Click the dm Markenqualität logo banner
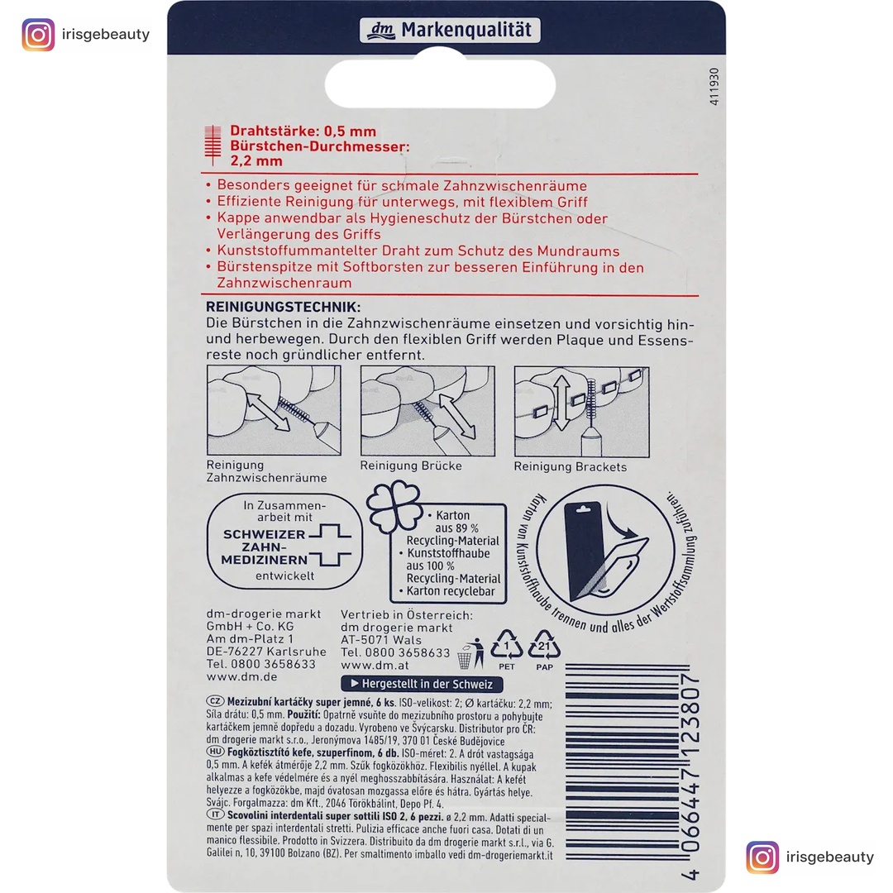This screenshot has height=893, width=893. click(450, 31)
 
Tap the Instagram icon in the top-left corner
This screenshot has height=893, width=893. click(38, 35)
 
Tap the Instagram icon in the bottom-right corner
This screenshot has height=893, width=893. click(762, 857)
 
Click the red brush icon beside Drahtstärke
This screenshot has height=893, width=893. click(213, 146)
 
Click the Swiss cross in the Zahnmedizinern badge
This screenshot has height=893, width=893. click(331, 547)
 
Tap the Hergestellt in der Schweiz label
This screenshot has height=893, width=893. click(422, 684)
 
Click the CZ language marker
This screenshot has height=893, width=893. click(214, 700)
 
